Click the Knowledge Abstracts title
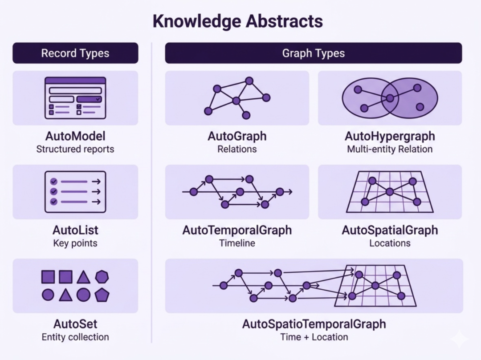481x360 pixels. pyautogui.click(x=238, y=21)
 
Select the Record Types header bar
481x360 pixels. pyautogui.click(x=75, y=53)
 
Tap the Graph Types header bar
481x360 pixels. pyautogui.click(x=314, y=53)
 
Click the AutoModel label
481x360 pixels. pyautogui.click(x=75, y=136)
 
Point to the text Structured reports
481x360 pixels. pyautogui.click(x=75, y=149)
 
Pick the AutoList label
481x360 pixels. pyautogui.click(x=75, y=230)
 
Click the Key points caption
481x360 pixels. pyautogui.click(x=75, y=243)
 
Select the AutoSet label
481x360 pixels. pyautogui.click(x=75, y=324)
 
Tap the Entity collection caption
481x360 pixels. pyautogui.click(x=75, y=337)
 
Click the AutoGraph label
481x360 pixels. pyautogui.click(x=237, y=136)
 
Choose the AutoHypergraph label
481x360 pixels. pyautogui.click(x=390, y=136)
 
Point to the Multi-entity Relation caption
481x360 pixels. pyautogui.click(x=390, y=149)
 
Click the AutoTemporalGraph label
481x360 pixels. pyautogui.click(x=237, y=230)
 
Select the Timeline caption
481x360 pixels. pyautogui.click(x=237, y=243)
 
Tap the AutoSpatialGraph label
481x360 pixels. pyautogui.click(x=390, y=230)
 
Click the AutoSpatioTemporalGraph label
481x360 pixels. pyautogui.click(x=314, y=324)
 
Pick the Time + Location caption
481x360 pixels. pyautogui.click(x=314, y=337)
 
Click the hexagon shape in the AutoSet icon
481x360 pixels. pyautogui.click(x=102, y=277)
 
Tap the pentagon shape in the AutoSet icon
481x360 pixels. pyautogui.click(x=102, y=295)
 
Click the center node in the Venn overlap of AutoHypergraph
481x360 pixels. pyautogui.click(x=390, y=98)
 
